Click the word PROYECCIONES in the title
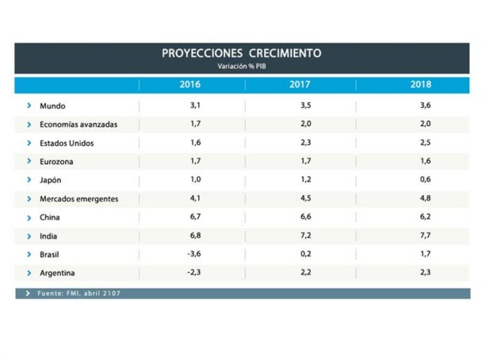202,53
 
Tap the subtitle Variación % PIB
242,66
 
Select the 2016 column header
190,84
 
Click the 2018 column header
421,84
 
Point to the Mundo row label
52,106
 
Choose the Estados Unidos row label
67,144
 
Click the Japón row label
51,180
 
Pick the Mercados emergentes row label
79,199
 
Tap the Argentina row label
57,273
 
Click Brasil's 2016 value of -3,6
194,254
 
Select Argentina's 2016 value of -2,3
194,273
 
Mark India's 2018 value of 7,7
426,236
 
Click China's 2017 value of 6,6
306,216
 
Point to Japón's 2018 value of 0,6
426,179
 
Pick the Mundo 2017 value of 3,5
306,105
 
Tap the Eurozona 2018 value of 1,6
426,161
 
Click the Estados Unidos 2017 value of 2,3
306,143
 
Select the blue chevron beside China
29,218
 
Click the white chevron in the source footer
28,293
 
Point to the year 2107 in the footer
112,293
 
